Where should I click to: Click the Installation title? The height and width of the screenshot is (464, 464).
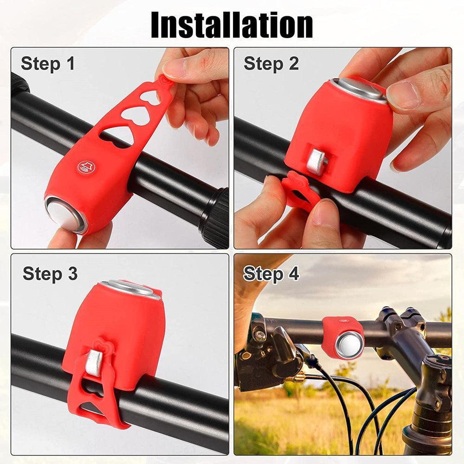[232, 25]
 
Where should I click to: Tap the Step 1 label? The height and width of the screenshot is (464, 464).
[48, 64]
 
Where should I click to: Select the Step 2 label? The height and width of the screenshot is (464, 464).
[271, 64]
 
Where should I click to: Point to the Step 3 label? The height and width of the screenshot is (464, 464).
[50, 274]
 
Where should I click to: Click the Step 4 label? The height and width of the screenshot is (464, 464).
[271, 274]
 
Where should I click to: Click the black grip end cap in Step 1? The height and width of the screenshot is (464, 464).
[214, 217]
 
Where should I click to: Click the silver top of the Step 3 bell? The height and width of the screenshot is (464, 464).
[129, 288]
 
